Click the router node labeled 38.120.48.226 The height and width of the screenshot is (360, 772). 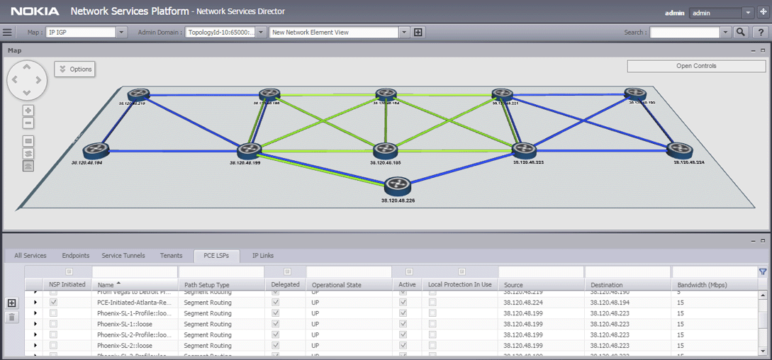[398, 186]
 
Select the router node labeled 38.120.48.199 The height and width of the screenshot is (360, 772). [250, 150]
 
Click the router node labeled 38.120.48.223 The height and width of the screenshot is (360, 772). [523, 150]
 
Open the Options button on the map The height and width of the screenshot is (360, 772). [75, 69]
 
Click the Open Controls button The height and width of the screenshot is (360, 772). [696, 66]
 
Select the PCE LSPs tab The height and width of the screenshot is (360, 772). [216, 256]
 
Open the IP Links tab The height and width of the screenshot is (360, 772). [263, 256]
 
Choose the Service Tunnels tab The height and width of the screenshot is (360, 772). [123, 256]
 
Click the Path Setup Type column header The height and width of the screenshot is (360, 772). [206, 285]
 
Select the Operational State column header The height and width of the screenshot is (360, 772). [337, 285]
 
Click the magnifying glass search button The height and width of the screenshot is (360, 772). [741, 32]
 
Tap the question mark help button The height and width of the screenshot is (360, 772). [760, 32]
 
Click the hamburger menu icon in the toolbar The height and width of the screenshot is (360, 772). [8, 32]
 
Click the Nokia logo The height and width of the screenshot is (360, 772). [35, 11]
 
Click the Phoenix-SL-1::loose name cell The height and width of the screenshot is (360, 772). [125, 324]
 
